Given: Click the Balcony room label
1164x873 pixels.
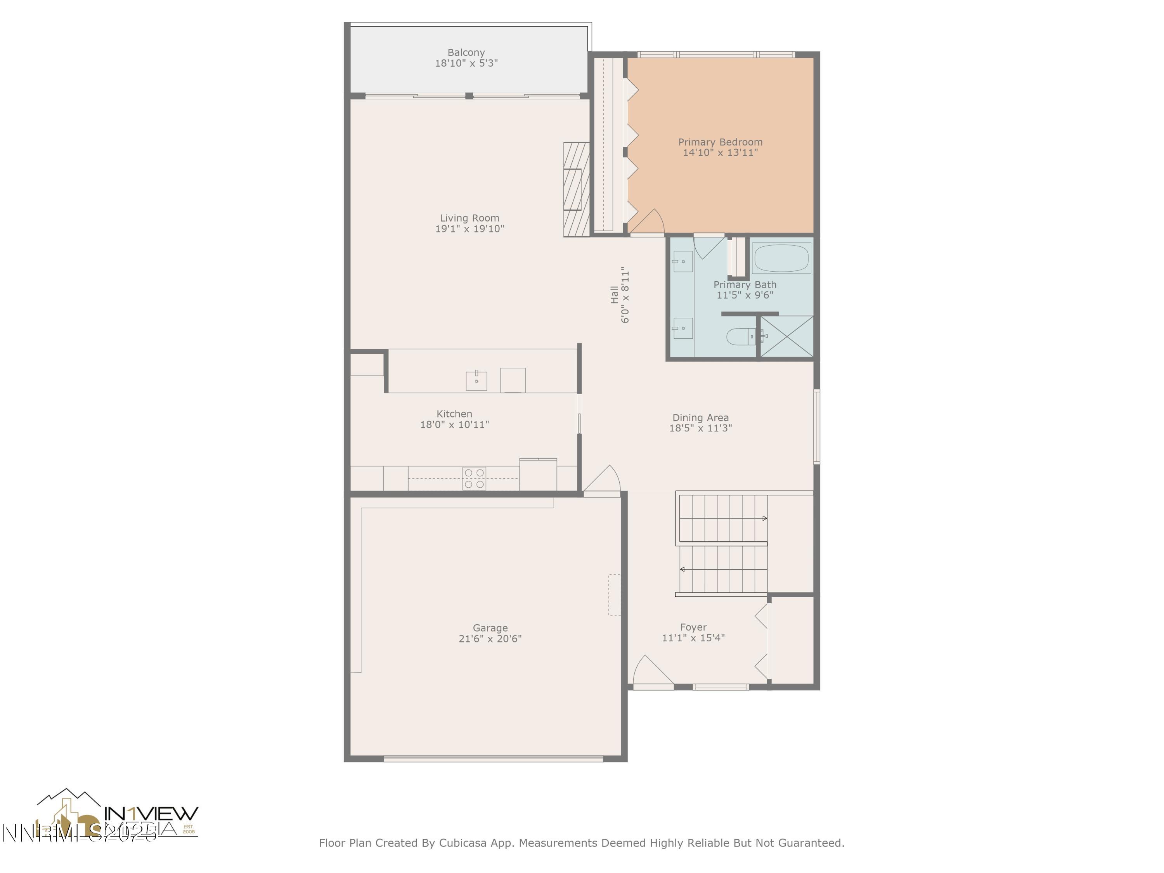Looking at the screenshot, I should tap(466, 53).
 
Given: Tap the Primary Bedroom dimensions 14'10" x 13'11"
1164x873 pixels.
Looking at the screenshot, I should tap(720, 152).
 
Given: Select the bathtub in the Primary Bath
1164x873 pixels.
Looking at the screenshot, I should tap(781, 258).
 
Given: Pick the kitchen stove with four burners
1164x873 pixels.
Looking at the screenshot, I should tap(474, 478).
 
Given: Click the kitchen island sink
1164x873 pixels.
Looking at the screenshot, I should tap(476, 381).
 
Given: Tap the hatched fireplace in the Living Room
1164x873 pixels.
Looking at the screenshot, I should tap(576, 189).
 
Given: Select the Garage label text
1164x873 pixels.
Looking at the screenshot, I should tap(490, 628).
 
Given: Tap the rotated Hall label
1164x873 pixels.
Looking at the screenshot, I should tap(614, 294).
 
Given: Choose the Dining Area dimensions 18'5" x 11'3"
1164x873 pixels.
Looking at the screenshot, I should tap(700, 428).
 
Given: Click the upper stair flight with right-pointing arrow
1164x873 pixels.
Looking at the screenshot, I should tap(723, 518).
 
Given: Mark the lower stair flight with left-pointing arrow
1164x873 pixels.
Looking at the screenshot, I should tap(723, 569).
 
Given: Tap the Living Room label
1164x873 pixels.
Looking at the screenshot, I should tap(469, 218).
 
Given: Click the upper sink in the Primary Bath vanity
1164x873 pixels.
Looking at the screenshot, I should tap(682, 262).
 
